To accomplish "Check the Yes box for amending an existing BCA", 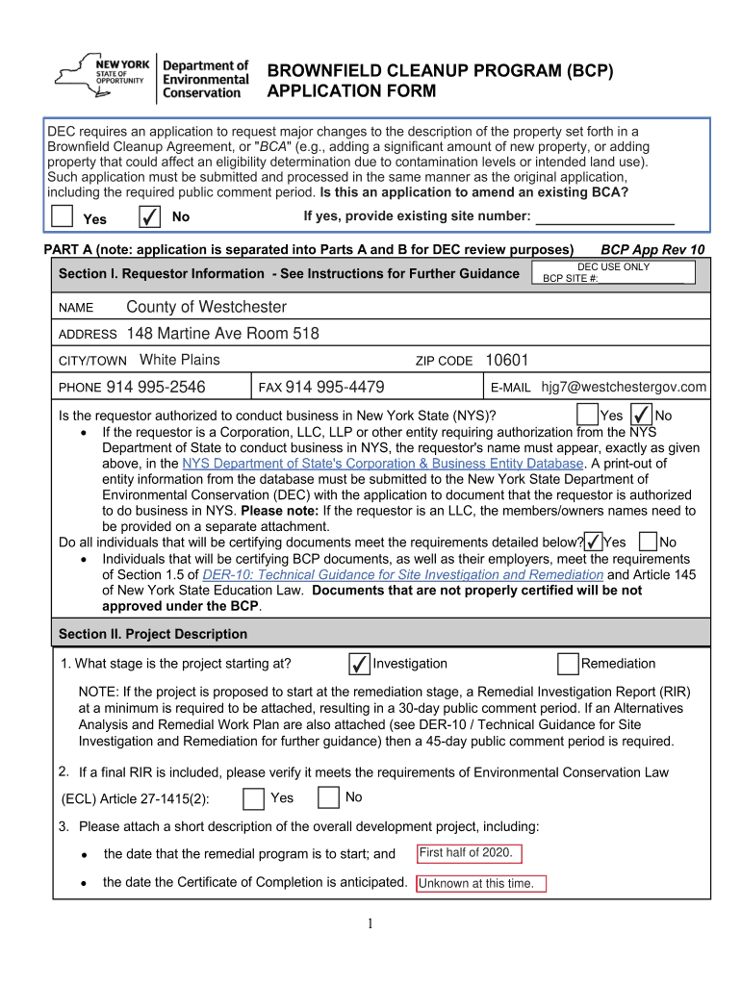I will coord(62,216).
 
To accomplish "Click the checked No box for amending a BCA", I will coord(149,216).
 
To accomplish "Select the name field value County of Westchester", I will coord(206,307).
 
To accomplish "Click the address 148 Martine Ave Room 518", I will coord(222,334).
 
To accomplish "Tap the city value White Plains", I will coord(180,360).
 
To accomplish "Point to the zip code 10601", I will coord(507,360).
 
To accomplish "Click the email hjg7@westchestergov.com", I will coord(624,387).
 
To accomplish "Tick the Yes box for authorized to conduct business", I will coord(586,415).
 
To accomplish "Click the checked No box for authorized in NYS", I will coord(640,415).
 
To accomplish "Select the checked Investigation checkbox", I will coord(358,664).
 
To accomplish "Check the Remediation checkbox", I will coord(568,664).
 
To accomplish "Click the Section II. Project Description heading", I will coord(153,634).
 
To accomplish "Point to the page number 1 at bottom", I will coord(370,924).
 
